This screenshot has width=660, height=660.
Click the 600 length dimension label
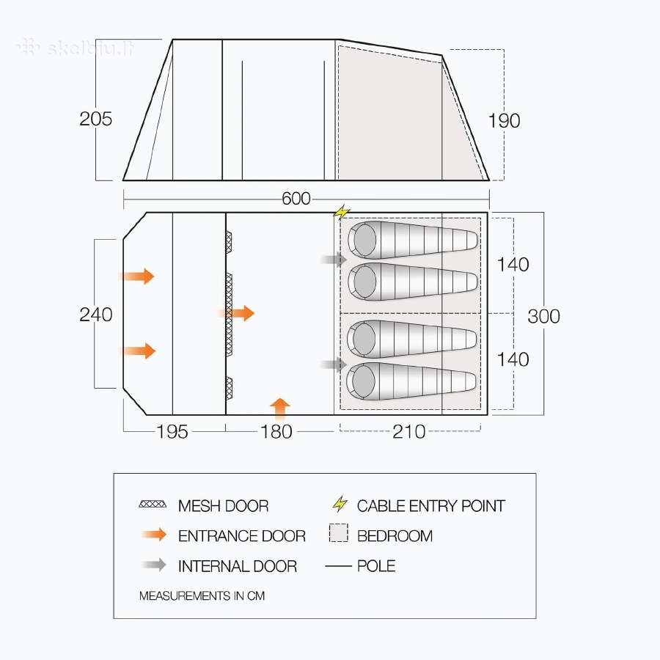click(x=296, y=199)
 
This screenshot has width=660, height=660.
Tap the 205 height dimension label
click(x=95, y=119)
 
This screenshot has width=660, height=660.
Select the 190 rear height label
click(x=504, y=121)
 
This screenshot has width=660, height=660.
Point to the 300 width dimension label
click(x=543, y=316)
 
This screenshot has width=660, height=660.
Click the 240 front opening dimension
click(x=95, y=315)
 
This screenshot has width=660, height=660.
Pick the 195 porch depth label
click(x=172, y=431)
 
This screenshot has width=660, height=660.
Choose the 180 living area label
click(x=276, y=431)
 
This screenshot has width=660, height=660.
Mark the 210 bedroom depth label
click(x=408, y=431)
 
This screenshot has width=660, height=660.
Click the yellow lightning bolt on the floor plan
click(x=342, y=212)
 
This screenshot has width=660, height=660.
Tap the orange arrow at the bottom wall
click(x=280, y=409)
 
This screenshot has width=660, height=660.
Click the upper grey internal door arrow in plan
click(x=334, y=260)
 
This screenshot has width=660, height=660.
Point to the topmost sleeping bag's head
click(x=364, y=239)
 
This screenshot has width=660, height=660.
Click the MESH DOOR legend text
click(x=223, y=505)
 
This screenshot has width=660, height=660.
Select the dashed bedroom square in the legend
click(x=338, y=533)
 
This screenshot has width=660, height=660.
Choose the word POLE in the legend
click(x=376, y=565)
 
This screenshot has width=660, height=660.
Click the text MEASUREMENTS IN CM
click(x=202, y=595)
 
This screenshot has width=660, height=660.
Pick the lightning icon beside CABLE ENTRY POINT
click(x=340, y=504)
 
